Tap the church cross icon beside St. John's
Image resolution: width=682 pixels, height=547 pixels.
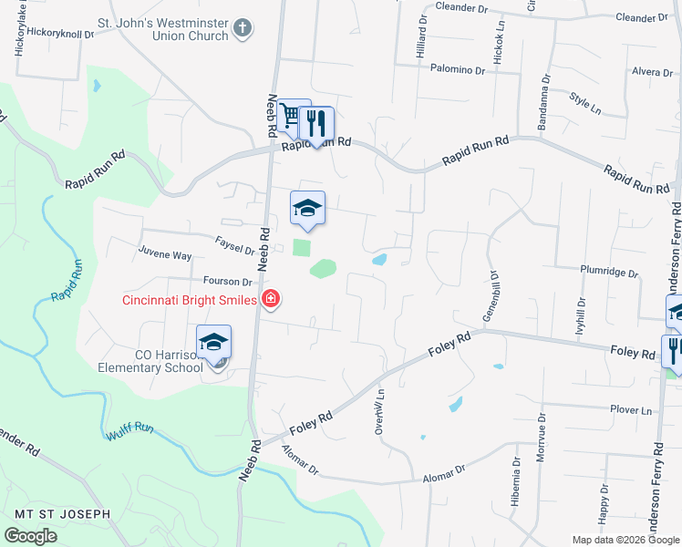click(242, 28)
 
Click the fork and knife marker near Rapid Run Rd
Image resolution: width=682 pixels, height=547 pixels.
click(316, 123)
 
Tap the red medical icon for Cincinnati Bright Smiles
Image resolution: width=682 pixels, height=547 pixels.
click(270, 299)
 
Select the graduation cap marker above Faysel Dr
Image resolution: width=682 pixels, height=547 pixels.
click(307, 208)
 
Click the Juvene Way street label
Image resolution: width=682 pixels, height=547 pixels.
click(165, 256)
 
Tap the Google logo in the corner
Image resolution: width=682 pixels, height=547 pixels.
click(30, 536)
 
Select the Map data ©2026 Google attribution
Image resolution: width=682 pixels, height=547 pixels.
click(625, 540)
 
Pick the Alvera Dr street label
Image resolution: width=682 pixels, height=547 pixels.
click(651, 72)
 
